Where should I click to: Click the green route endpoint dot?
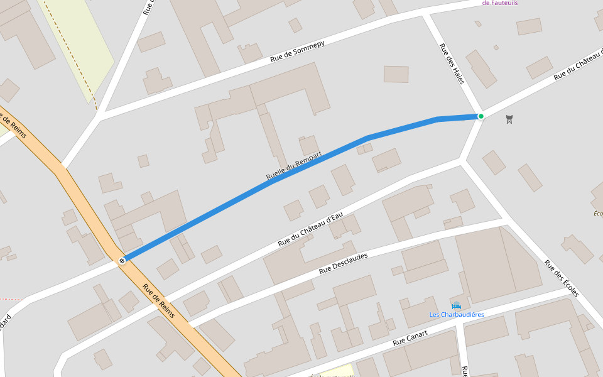481,116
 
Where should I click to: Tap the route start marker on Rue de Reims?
122,260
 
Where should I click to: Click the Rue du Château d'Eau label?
310,229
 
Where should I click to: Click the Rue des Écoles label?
561,279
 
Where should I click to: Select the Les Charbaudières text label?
457,314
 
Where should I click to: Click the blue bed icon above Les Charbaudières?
457,305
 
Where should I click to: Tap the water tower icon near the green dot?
509,119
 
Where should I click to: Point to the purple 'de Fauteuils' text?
500,3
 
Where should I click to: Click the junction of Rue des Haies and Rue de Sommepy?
426,13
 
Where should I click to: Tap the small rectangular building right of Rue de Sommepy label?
396,74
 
